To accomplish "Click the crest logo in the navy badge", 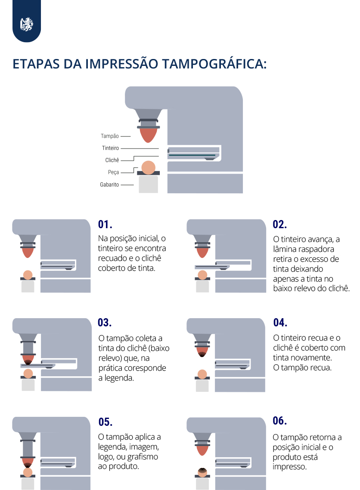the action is click(x=27, y=25).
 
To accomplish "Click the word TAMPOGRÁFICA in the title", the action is click(x=214, y=63).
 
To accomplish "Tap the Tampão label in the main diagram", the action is click(x=110, y=136).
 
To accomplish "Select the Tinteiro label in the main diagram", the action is click(x=110, y=148).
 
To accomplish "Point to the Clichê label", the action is click(x=112, y=160).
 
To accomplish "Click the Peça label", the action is click(x=113, y=172).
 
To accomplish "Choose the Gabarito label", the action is click(x=109, y=184).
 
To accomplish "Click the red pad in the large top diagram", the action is click(x=149, y=135).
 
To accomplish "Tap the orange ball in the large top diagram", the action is click(x=149, y=167).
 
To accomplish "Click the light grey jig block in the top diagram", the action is click(x=149, y=184).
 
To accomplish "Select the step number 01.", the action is click(x=105, y=224).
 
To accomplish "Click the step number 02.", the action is click(x=279, y=224).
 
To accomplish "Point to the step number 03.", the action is click(x=105, y=323).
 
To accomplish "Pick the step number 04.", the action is click(x=280, y=323).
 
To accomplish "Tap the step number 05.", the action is click(x=106, y=422).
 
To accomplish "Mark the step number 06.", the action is click(x=279, y=421).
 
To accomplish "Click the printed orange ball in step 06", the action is click(x=202, y=472).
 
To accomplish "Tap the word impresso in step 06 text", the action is click(x=290, y=467).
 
